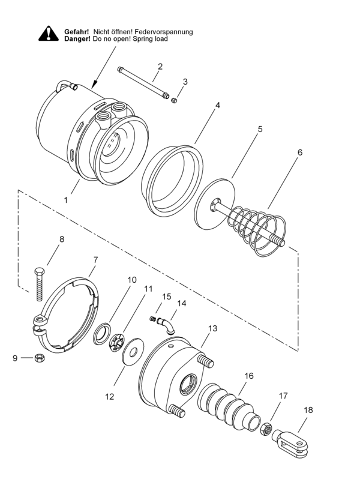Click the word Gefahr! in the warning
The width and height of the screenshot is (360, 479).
point(77,31)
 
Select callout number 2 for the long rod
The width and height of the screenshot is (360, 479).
point(160,66)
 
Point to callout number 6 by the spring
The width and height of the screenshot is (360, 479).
point(299,152)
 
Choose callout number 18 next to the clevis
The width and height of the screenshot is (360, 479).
point(308,410)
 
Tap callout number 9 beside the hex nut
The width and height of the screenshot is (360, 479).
point(15,358)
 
